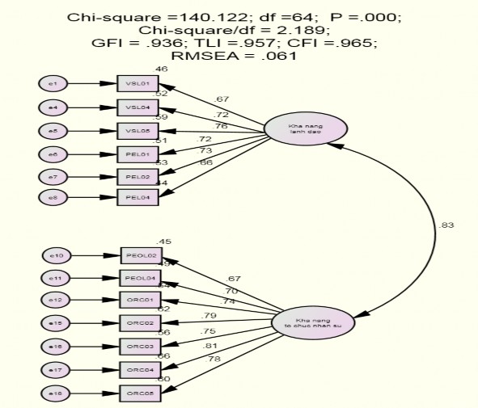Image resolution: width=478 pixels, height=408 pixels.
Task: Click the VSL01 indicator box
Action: [x=137, y=83]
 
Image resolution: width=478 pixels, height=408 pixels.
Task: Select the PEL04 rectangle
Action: [x=137, y=197]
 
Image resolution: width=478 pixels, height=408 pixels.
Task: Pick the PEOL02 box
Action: [x=140, y=256]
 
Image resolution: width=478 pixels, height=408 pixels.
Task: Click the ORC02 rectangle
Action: [x=140, y=324]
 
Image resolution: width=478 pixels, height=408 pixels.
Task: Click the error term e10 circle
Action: [x=57, y=256]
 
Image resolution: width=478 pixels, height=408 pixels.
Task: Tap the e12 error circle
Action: [x=57, y=301]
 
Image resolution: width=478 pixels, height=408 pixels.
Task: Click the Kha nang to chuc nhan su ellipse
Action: [x=312, y=322]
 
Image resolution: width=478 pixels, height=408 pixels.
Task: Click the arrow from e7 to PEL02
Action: [x=94, y=175]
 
